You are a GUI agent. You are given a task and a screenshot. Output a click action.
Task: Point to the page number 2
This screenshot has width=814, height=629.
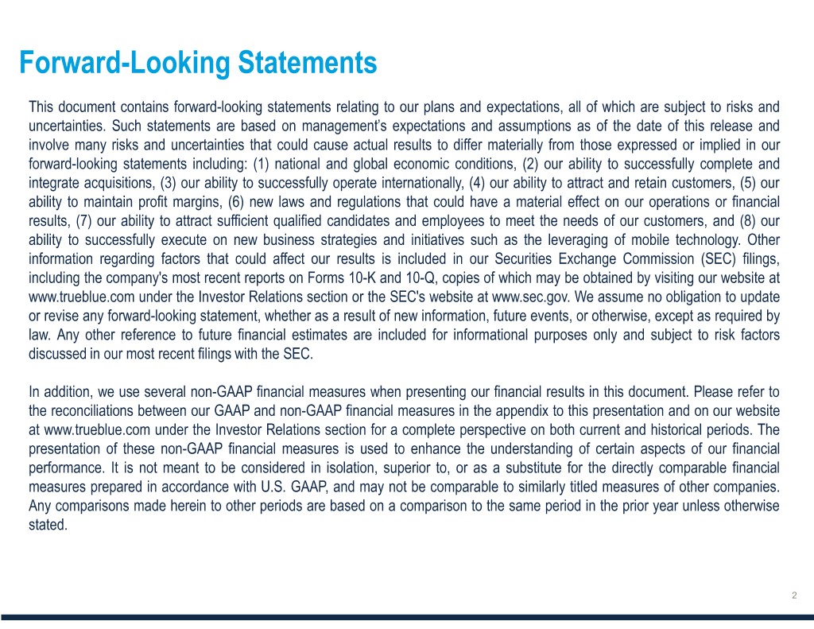tap(795, 596)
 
